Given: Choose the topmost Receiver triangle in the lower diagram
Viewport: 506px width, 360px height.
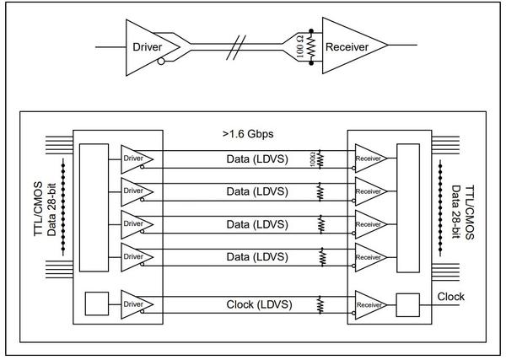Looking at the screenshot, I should [x=369, y=158].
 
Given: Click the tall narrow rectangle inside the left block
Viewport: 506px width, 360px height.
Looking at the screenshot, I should [x=94, y=207].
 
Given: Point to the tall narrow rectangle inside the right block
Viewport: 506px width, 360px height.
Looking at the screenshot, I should [x=408, y=207].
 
